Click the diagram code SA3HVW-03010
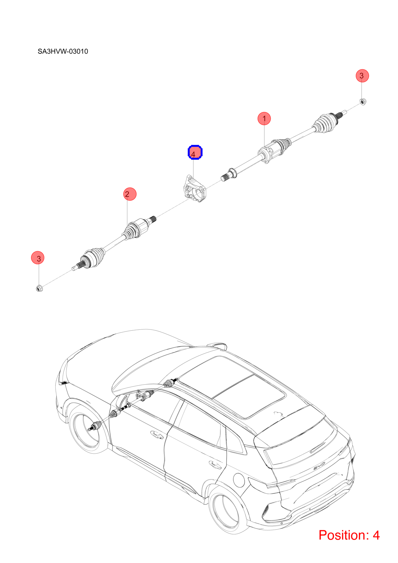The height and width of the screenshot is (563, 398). coord(63,51)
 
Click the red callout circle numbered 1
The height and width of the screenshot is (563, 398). coord(264,118)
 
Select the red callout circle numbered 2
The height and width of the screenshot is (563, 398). coord(130,194)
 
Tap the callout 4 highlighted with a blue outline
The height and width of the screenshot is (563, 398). coord(195,152)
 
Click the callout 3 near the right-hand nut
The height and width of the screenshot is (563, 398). coord(362,76)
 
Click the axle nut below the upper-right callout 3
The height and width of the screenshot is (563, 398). coord(363,102)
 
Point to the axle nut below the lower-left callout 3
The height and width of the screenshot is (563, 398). coord(39,288)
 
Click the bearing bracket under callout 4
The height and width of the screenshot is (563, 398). coord(195,189)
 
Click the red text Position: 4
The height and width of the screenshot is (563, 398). coord(349,535)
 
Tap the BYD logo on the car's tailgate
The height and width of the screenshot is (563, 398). coord(319,468)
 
